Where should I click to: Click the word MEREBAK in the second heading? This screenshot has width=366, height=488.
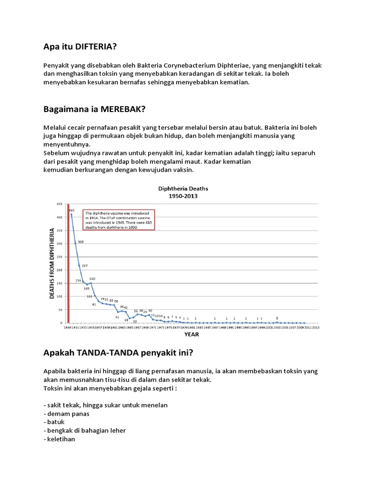click(x=123, y=109)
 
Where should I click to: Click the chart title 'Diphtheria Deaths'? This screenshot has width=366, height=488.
click(x=183, y=188)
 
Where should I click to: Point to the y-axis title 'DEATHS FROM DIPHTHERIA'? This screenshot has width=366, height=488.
click(x=52, y=264)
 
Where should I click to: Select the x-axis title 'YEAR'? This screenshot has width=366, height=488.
click(x=192, y=335)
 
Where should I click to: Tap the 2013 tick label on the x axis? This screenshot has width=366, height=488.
click(x=315, y=328)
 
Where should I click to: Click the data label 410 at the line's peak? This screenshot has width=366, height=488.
click(x=71, y=210)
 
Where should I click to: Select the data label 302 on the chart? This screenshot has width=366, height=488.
click(x=81, y=242)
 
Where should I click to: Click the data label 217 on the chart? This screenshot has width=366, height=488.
click(x=84, y=265)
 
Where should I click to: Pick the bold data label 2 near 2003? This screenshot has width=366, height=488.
click(x=277, y=317)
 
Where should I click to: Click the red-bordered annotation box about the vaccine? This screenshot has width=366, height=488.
click(x=119, y=220)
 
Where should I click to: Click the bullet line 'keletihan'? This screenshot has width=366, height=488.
click(x=60, y=439)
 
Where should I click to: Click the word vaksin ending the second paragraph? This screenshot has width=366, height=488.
click(x=183, y=170)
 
